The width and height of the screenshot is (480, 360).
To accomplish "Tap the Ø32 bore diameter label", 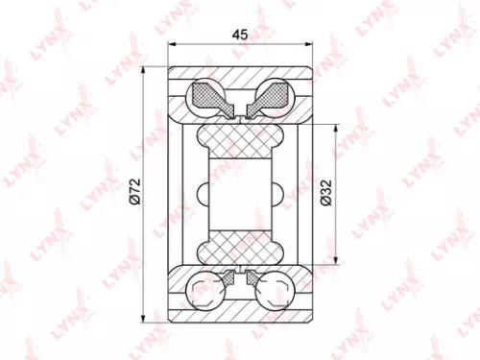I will pyautogui.click(x=325, y=195).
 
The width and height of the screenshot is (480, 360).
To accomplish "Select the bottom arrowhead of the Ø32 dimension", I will pyautogui.click(x=334, y=262).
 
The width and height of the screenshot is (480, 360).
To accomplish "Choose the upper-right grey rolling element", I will pyautogui.click(x=273, y=96).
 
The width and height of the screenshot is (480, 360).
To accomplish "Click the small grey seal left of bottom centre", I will pyautogui.click(x=228, y=279).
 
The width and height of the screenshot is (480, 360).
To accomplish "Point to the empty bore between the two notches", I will pyautogui.click(x=241, y=195).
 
